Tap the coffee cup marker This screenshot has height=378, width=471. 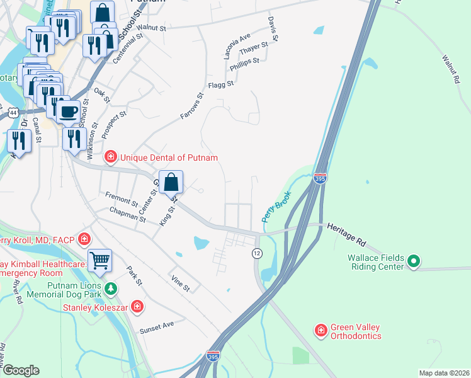tap(68, 112)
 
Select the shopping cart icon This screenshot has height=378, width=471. tap(100, 259)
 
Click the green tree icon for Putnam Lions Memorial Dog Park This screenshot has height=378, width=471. tap(111, 289)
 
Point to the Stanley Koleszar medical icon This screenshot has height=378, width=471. tap(137, 307)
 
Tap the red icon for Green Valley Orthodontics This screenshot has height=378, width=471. tap(321, 329)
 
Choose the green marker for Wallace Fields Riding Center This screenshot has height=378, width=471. tap(414, 260)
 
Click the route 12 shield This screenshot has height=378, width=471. tap(257, 253)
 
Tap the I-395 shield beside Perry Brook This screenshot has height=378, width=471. tap(320, 179)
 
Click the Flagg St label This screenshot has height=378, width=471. tap(221, 84)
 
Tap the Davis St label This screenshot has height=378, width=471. tap(273, 30)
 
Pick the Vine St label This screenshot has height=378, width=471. tap(180, 283)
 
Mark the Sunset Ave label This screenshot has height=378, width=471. tap(157, 324)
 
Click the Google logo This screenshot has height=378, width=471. tap(20, 370)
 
